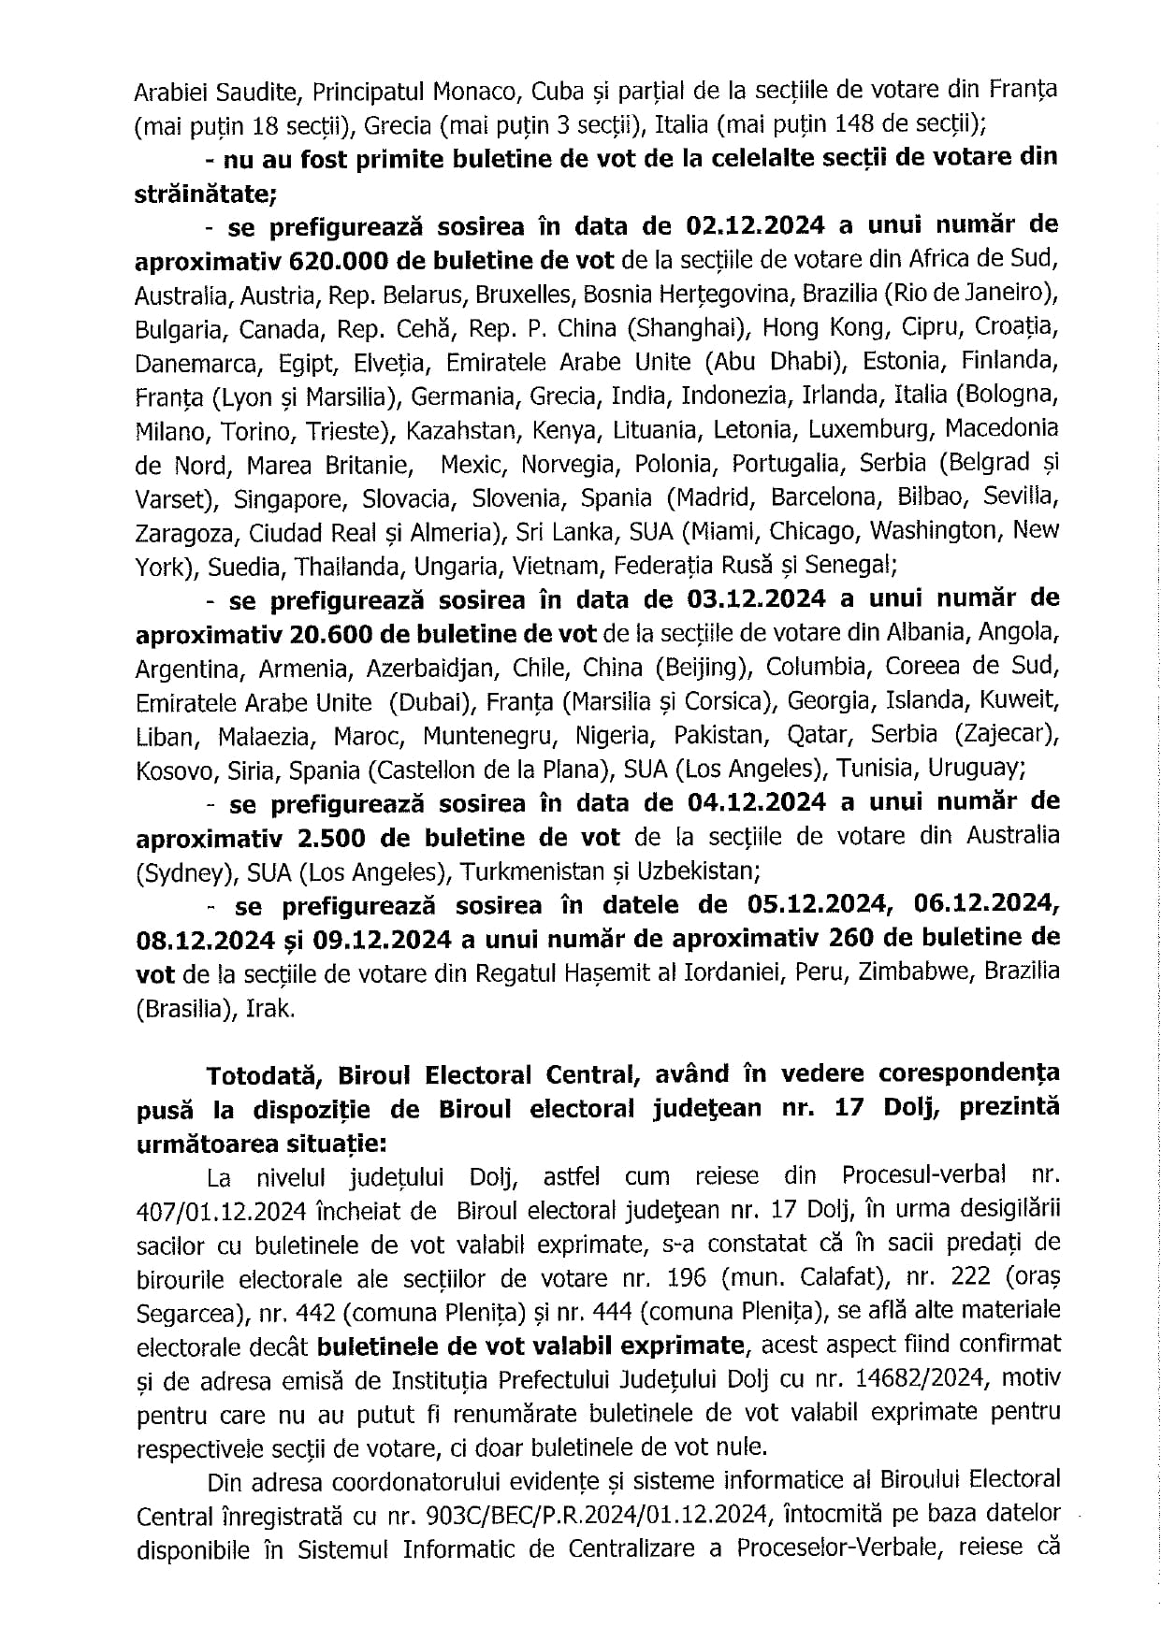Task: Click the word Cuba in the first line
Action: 559,92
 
